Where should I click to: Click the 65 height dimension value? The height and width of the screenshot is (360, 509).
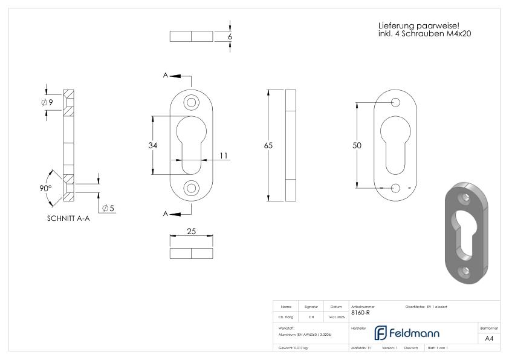tap(268, 145)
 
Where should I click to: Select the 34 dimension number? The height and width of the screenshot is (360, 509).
tap(152, 145)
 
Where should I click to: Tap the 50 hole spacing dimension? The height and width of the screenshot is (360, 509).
tap(357, 145)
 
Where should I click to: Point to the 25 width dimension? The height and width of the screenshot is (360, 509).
tap(191, 232)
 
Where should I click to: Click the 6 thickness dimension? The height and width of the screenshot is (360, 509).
tap(230, 36)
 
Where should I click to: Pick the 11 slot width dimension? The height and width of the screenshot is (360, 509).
tap(224, 156)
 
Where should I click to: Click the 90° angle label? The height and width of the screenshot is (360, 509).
tap(46, 189)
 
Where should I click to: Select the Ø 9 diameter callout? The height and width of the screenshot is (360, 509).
tap(47, 103)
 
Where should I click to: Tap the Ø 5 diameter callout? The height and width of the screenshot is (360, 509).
tap(108, 209)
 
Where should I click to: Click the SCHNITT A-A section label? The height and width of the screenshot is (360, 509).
tap(68, 219)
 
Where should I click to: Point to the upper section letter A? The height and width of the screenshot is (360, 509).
tap(165, 75)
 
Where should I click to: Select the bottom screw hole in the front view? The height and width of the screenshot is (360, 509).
tap(191, 188)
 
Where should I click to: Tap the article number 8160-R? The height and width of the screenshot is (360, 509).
tap(360, 313)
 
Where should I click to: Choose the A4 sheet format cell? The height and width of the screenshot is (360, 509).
tap(489, 339)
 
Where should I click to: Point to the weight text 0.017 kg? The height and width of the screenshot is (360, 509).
tap(293, 348)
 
